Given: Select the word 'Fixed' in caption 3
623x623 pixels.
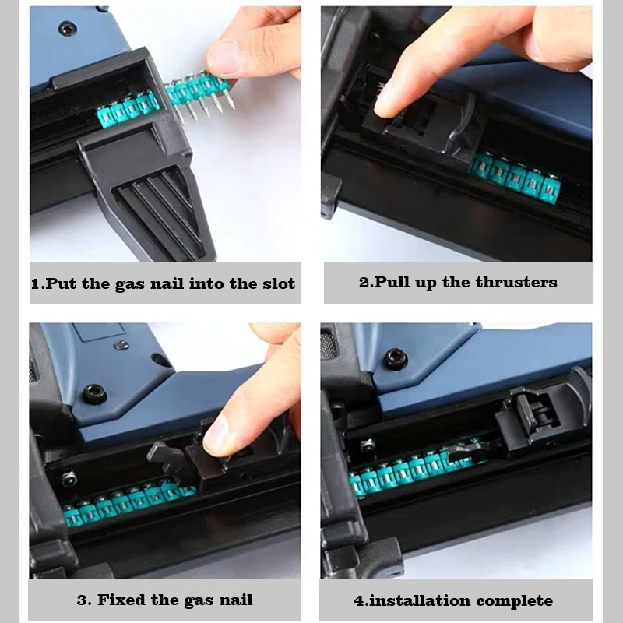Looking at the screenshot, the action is pos(121,600).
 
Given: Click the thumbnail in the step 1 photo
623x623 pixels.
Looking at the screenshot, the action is pos(223,58).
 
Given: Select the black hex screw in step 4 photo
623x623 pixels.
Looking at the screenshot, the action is pos(395,358).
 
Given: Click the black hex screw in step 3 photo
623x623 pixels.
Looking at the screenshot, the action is pos(94,393).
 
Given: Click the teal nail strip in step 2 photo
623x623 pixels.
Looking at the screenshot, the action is pos(515,179).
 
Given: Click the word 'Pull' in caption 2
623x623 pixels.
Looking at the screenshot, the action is pos(392,282).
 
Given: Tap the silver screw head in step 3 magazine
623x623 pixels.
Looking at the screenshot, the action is pos(69,479).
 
